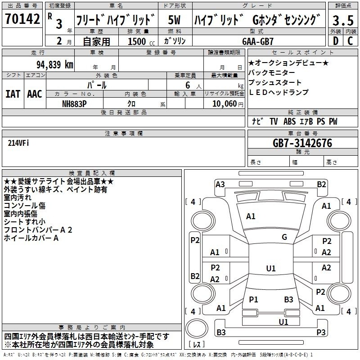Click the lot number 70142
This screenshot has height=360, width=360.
pyautogui.click(x=22, y=18)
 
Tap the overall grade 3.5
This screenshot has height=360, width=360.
pyautogui.click(x=343, y=20)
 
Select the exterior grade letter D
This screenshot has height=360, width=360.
pyautogui.click(x=336, y=41)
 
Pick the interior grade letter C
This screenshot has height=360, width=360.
pyautogui.click(x=350, y=41)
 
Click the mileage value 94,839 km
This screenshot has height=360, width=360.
pyautogui.click(x=55, y=65)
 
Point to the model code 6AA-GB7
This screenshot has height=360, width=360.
pyautogui.click(x=258, y=41)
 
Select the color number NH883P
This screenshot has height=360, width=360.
pyautogui.click(x=74, y=104)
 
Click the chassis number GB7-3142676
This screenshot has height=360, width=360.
pyautogui.click(x=302, y=143)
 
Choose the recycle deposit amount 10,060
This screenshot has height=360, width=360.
pyautogui.click(x=225, y=104)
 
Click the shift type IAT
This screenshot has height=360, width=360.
pyautogui.click(x=13, y=94)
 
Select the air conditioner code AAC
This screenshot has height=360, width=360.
pyautogui.click(x=35, y=94)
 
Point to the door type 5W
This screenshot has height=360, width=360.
pyautogui.click(x=174, y=20)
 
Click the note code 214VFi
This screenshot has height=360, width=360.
pyautogui.click(x=18, y=143)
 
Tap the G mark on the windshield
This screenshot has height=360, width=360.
pyautogui.click(x=284, y=237)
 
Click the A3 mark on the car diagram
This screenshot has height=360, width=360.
pyautogui.click(x=220, y=184)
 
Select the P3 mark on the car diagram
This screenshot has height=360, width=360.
pyautogui.click(x=321, y=332)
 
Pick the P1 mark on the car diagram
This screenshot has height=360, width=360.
pyautogui.click(x=253, y=299)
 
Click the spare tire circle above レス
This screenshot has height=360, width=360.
pyautogui.click(x=197, y=328)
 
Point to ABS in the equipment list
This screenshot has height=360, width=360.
pyautogui.click(x=289, y=121)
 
